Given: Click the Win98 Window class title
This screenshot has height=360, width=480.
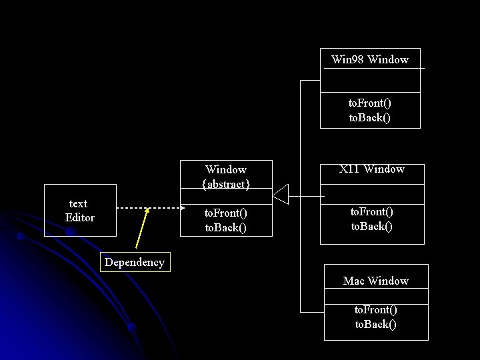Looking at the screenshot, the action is pos(370,60).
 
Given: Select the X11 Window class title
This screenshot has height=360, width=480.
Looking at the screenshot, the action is pos(371,169).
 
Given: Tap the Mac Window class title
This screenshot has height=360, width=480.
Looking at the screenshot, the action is pos(375,281).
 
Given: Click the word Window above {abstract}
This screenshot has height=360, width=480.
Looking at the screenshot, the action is pos(226,169).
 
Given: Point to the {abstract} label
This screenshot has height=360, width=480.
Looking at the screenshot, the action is pos(226,184).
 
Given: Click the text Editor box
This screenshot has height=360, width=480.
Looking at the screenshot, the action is pos(80,211).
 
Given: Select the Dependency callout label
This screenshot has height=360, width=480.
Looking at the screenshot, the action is pos(134,263).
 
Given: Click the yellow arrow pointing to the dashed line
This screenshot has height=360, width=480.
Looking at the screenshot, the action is pos(141,230).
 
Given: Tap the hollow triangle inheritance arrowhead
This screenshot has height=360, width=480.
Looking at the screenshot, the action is pos(280,194).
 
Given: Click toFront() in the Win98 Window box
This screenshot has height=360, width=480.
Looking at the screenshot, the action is pos(370,103).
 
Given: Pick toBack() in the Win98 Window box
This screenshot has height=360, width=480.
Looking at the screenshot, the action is pos(370,118).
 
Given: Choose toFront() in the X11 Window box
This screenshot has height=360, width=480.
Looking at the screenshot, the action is pos(372,212).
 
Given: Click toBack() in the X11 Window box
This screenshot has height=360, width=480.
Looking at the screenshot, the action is pos(372,227).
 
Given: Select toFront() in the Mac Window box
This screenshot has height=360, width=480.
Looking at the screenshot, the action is pos(375,310).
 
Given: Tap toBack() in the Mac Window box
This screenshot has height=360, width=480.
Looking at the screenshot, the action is pos(375,325).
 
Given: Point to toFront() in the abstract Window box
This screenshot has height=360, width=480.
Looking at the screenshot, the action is pos(225,213).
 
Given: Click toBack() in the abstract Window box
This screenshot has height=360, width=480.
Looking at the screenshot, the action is pos(225,227).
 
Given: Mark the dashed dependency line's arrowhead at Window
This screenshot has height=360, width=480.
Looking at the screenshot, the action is pos(181,207).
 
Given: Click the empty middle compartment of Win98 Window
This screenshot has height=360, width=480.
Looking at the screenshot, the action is pos(370,80).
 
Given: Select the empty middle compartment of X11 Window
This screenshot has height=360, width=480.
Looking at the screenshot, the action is pos(372,193).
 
